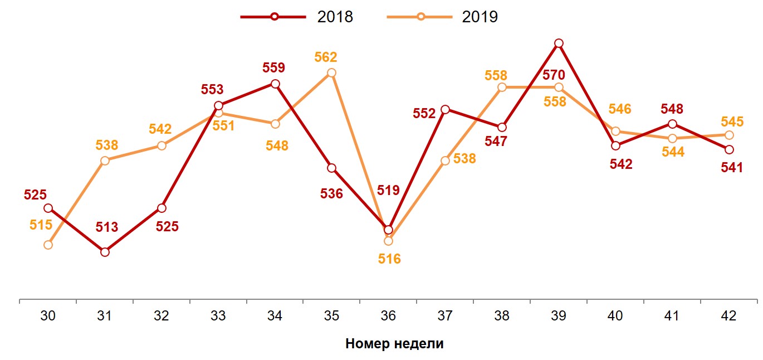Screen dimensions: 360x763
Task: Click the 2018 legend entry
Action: (297, 17)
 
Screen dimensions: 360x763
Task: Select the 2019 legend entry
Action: (443, 17)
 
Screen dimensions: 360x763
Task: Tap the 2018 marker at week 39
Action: (559, 43)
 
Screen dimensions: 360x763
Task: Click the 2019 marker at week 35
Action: (331, 73)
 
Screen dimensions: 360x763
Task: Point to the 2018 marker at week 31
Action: (105, 252)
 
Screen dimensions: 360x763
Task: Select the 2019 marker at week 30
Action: (48, 245)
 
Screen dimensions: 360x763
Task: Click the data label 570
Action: (554, 75)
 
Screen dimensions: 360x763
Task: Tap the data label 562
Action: (326, 57)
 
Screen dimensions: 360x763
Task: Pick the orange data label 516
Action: (389, 259)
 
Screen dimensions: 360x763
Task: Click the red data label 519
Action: (388, 190)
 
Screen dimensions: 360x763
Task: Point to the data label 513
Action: (107, 227)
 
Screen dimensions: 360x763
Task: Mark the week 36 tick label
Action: (388, 316)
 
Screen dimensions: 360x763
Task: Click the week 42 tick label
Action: (728, 316)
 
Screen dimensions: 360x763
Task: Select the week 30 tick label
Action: (48, 316)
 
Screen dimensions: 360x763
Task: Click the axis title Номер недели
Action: (394, 343)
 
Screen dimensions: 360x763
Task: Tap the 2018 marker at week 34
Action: (275, 84)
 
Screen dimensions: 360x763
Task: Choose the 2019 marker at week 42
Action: (729, 135)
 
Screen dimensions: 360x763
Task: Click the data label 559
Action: (273, 68)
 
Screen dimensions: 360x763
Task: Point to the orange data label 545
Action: (732, 121)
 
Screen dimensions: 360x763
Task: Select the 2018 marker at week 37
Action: (445, 109)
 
